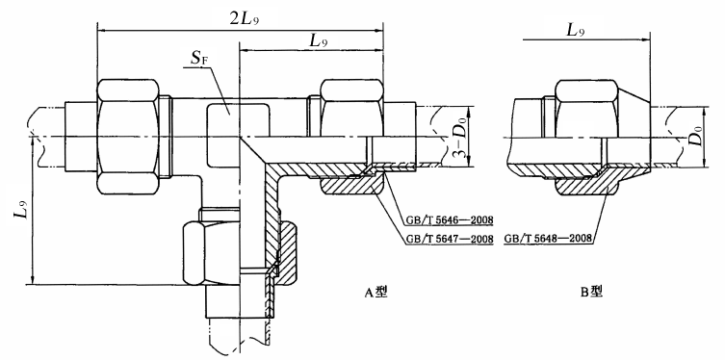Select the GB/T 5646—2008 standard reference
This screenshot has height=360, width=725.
click(x=449, y=219)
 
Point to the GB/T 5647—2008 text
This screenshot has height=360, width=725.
click(x=449, y=239)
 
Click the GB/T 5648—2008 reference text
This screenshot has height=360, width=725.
click(x=549, y=239)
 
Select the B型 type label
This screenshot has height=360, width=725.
click(x=591, y=292)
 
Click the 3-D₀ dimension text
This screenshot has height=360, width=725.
click(x=455, y=139)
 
